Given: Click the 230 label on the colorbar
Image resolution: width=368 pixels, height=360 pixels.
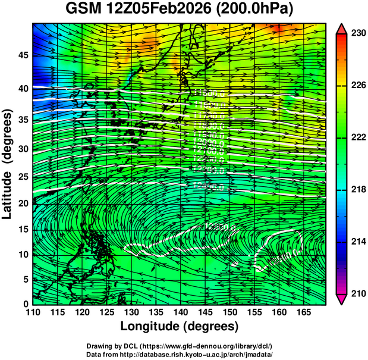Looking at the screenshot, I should [357, 33].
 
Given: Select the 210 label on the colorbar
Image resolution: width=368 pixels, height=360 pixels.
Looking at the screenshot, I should [357, 293].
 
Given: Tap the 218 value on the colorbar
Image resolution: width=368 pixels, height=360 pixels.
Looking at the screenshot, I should [357, 189].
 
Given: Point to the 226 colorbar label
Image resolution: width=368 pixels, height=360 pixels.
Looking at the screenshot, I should [357, 86].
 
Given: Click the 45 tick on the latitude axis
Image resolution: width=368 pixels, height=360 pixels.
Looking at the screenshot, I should [23, 55].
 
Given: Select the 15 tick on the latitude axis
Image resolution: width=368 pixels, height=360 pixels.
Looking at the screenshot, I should [23, 230].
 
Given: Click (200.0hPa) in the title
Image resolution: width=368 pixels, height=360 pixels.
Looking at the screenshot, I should [259, 10].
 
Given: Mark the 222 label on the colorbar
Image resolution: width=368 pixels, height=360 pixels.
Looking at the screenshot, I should [357, 137].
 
